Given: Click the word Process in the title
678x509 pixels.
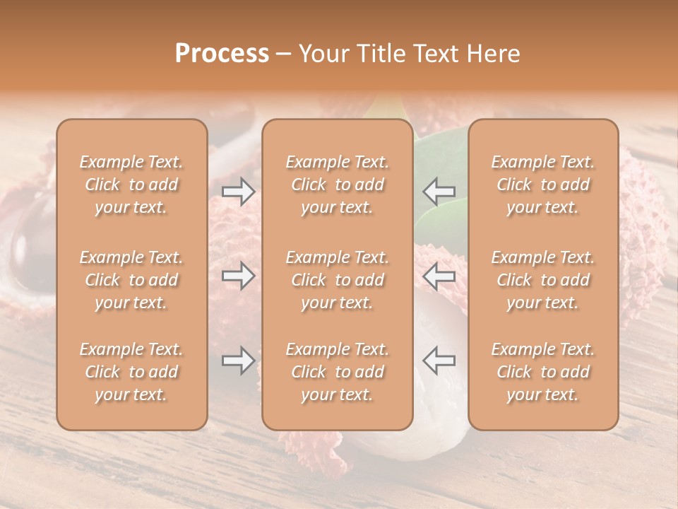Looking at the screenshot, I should click(x=222, y=54).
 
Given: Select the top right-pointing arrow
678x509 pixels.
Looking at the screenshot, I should click(x=238, y=192).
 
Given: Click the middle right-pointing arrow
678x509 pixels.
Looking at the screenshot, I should click(x=238, y=276).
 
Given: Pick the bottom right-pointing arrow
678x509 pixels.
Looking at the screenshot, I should click(x=238, y=361).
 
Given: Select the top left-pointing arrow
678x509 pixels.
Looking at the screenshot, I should click(x=439, y=192).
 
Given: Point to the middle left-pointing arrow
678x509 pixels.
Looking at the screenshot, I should click(x=439, y=276).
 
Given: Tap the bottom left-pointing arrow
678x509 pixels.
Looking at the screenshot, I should click(x=439, y=361).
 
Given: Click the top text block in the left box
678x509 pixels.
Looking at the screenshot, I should click(x=131, y=185).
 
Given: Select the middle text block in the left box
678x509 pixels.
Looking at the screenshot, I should click(x=131, y=280).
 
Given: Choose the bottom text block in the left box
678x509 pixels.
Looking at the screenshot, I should click(x=131, y=372).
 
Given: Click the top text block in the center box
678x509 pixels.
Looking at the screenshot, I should click(x=338, y=185).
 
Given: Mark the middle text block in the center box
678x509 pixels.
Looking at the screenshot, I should click(x=338, y=280).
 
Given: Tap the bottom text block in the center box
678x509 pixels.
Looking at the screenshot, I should click(x=338, y=372).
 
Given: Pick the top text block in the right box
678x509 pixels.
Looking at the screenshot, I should click(x=543, y=185).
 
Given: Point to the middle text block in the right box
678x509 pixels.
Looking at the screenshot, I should click(x=543, y=280).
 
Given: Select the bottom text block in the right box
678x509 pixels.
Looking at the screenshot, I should click(x=543, y=372).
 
